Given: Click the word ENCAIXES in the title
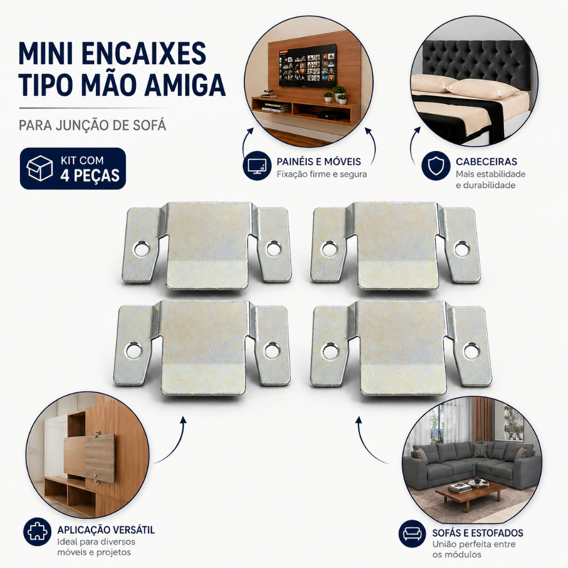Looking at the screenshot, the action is tap(144, 54).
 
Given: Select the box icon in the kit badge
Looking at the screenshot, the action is tap(39, 169).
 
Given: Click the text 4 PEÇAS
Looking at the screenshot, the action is tap(89, 176).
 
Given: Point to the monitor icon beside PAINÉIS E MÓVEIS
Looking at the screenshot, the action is tap(257, 166).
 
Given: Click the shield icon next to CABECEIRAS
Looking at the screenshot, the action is tap(436, 165).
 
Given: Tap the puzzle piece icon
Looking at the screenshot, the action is tap(37, 532).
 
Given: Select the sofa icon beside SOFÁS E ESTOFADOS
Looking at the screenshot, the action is tap(413, 534).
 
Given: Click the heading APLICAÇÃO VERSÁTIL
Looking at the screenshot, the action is tap(106, 530).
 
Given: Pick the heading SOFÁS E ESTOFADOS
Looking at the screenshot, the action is tap(478, 533).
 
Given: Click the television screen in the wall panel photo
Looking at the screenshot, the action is tap(307, 65).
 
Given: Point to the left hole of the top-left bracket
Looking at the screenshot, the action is tap(141, 249).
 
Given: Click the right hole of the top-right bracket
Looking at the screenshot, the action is tap(462, 249).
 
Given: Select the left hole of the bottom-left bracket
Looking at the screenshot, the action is tap(134, 351).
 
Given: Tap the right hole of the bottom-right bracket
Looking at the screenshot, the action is tap(471, 351).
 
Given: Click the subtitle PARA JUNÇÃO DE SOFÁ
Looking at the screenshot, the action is tap(93, 125).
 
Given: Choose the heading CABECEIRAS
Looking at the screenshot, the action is tap(486, 161).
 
